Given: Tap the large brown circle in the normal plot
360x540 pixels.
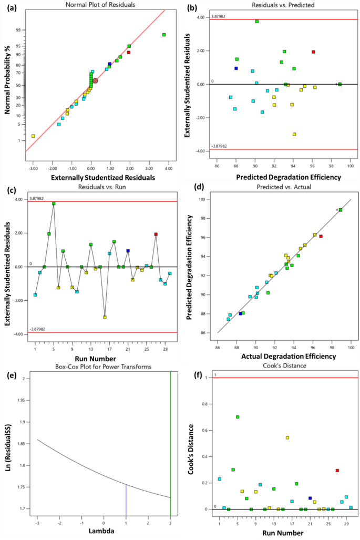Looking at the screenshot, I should pyautogui.click(x=95, y=80).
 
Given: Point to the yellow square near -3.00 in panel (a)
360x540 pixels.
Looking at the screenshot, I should pyautogui.click(x=33, y=136).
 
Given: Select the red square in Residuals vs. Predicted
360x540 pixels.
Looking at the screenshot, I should pyautogui.click(x=313, y=52).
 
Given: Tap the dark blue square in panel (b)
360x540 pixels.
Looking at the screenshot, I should pyautogui.click(x=236, y=68).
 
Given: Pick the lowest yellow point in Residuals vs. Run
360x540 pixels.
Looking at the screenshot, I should pyautogui.click(x=105, y=317).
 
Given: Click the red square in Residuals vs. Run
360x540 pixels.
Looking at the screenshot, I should pyautogui.click(x=156, y=234).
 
